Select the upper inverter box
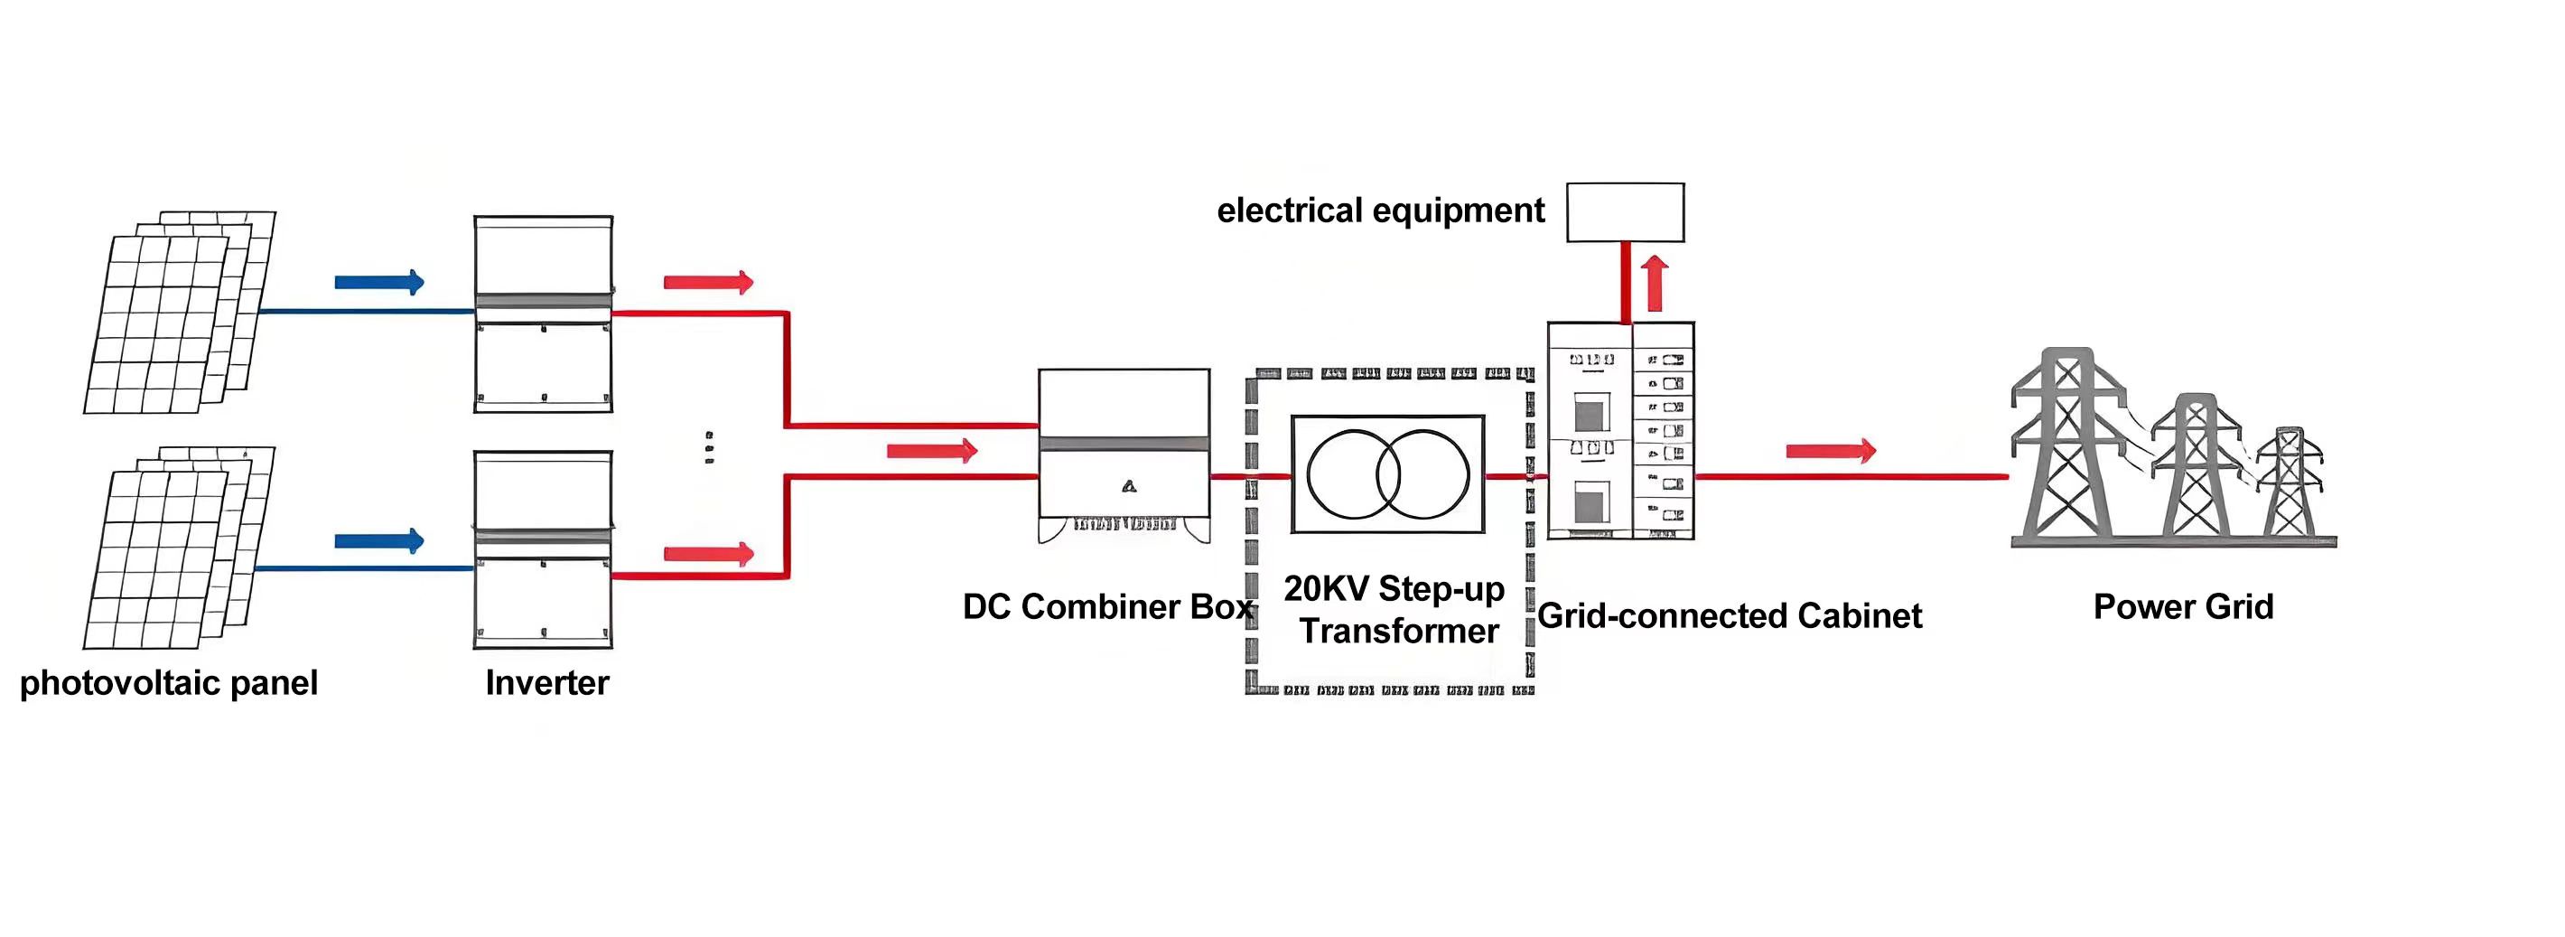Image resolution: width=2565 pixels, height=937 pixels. click(x=543, y=314)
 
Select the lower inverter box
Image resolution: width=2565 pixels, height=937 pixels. click(x=543, y=549)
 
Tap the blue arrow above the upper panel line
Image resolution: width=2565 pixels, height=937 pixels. click(x=379, y=282)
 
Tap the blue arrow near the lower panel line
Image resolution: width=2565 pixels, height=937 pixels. click(x=379, y=541)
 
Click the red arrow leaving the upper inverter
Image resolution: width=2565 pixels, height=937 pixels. click(x=708, y=282)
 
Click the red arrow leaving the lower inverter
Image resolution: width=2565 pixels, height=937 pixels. click(x=708, y=554)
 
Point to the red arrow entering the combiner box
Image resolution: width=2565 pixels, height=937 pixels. click(x=932, y=451)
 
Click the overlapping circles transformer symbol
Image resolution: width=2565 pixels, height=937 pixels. click(x=1388, y=474)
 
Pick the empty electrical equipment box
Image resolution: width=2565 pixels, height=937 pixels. click(x=1625, y=212)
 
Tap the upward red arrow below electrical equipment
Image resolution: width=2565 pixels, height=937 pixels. click(x=1655, y=284)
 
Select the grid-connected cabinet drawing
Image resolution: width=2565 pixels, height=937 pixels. click(x=1620, y=430)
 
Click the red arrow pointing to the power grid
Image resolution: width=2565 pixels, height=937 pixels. click(x=1830, y=451)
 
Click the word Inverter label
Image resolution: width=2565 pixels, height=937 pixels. click(x=546, y=683)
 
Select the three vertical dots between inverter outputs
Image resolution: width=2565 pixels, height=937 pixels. click(x=708, y=448)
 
